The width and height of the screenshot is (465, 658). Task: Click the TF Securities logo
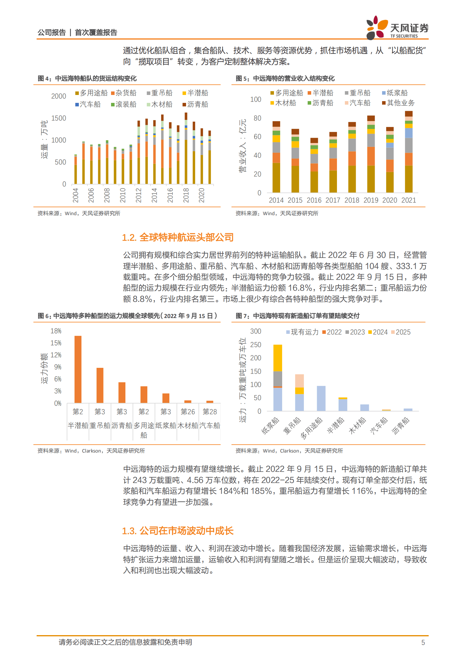(397, 28)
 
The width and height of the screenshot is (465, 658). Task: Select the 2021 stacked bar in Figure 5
(408, 152)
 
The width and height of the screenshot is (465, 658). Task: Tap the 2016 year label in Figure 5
(314, 200)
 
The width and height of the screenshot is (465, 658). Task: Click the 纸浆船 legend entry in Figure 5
(395, 93)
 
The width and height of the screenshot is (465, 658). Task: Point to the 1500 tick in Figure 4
(59, 118)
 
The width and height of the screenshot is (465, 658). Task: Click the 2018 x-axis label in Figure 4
(186, 195)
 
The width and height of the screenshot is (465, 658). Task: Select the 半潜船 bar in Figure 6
(78, 369)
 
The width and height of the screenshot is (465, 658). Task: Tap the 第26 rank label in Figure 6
(188, 412)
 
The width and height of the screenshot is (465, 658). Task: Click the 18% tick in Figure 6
(56, 331)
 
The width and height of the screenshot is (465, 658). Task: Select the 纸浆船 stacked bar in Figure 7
(277, 378)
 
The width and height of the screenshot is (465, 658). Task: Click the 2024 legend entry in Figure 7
(378, 332)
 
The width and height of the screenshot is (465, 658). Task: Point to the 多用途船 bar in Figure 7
(321, 398)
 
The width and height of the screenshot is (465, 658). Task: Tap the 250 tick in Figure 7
(256, 345)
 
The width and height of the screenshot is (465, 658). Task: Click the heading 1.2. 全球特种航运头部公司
(178, 237)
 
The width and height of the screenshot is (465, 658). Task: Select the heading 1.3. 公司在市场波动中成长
(178, 531)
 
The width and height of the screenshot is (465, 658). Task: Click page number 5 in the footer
(423, 643)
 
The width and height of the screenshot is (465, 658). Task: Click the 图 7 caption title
(297, 316)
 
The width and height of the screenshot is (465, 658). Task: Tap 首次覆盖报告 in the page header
(96, 33)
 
